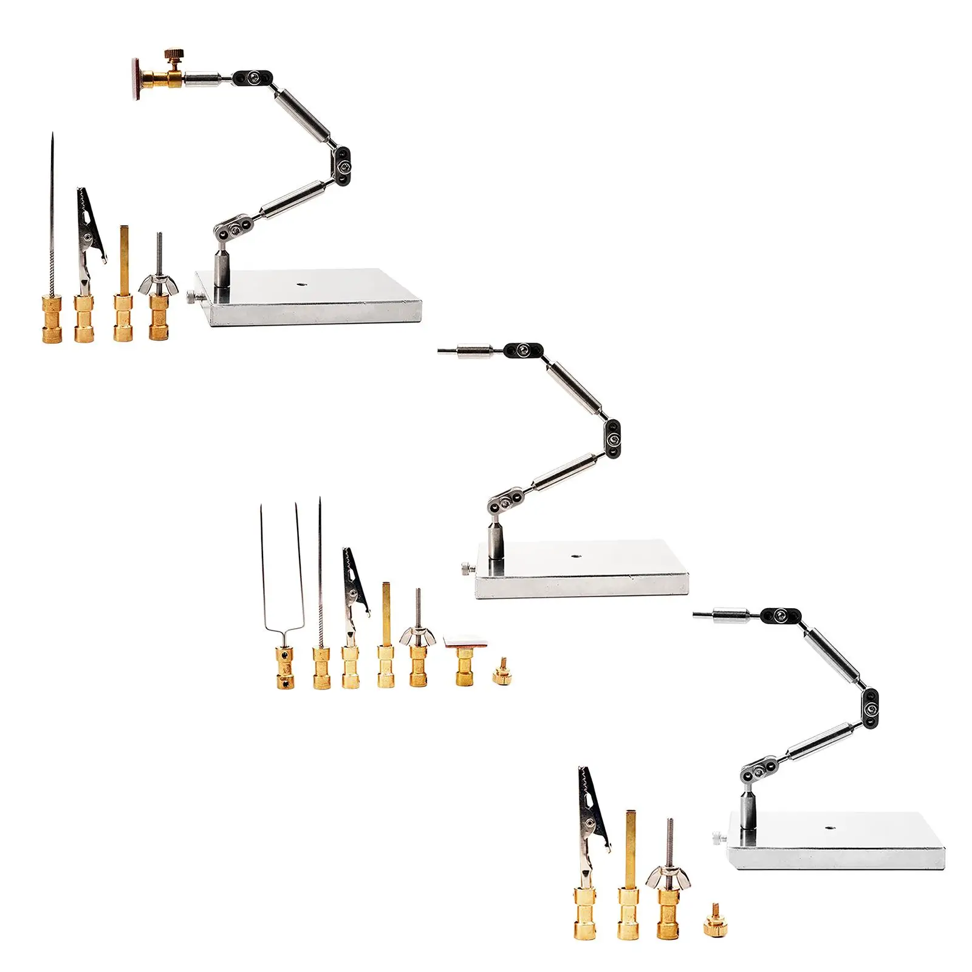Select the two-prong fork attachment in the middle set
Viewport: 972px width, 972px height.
point(282,607)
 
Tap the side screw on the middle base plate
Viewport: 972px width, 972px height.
point(466,569)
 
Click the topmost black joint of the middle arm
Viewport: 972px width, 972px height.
point(524,350)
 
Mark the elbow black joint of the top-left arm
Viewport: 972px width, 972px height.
point(343,164)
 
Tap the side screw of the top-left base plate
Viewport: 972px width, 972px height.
point(193,298)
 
